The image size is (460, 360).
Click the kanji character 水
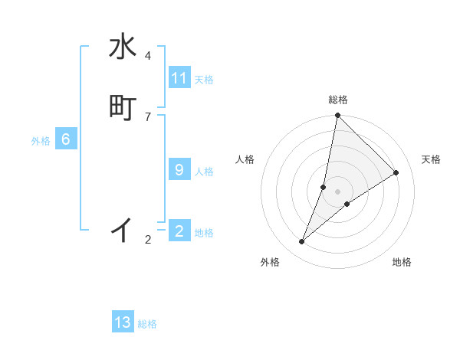click(x=123, y=47)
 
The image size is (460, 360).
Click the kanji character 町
click(x=123, y=108)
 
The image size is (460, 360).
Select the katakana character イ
click(x=123, y=229)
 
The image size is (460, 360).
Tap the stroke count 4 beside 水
click(x=148, y=56)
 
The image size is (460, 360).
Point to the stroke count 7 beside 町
click(x=148, y=116)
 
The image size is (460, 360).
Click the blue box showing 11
click(x=179, y=78)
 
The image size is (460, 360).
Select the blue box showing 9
click(x=179, y=170)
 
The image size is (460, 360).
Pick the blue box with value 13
click(x=123, y=322)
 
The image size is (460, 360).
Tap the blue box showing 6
click(x=66, y=139)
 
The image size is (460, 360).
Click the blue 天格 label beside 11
click(x=204, y=80)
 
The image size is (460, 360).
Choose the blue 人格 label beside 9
click(x=204, y=172)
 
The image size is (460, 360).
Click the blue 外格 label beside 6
click(x=41, y=141)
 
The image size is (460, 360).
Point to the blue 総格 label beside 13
click(x=147, y=324)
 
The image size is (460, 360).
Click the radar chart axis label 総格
click(x=338, y=100)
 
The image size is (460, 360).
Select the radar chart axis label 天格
click(x=432, y=159)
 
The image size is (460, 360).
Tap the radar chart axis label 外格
click(x=270, y=262)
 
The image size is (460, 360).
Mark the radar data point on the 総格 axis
click(x=338, y=115)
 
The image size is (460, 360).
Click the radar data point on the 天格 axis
click(x=396, y=173)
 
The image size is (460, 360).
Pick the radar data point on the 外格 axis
click(x=302, y=242)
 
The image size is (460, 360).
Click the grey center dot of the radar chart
click(x=338, y=191)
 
